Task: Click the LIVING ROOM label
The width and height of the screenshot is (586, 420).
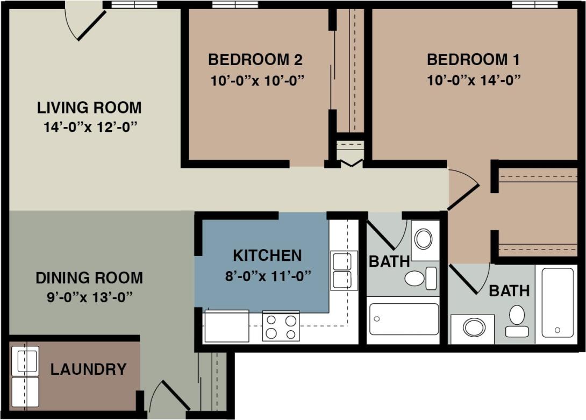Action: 89,108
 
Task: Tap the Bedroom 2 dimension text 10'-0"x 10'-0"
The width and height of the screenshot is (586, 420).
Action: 257,81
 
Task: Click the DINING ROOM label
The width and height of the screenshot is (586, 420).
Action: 89,278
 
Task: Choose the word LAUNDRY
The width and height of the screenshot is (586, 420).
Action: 89,370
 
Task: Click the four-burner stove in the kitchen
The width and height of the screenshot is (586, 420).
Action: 281,326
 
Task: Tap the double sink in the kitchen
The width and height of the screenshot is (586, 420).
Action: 344,270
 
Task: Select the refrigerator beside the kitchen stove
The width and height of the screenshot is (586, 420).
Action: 226,326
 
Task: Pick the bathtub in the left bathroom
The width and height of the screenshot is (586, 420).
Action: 404,319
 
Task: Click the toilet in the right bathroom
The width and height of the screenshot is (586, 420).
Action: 517,320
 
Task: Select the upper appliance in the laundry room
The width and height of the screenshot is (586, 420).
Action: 25,361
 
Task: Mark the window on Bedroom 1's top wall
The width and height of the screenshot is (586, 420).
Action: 534,5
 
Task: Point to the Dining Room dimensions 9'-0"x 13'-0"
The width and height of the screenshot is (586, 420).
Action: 89,296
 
